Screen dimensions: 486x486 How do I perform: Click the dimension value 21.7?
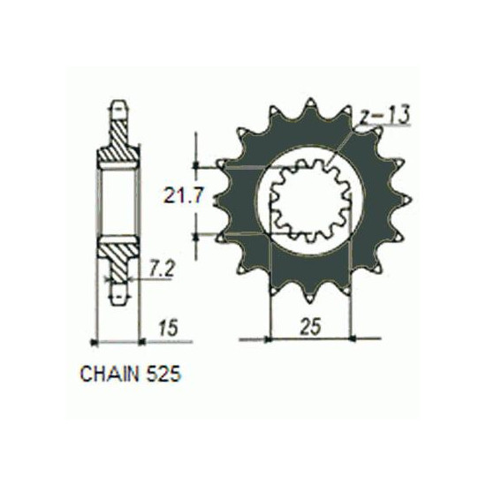tap(184, 196)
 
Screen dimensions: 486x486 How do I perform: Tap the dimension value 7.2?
tap(162, 269)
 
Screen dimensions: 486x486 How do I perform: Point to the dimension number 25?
tap(311, 326)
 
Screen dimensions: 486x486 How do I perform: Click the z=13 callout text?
tap(384, 115)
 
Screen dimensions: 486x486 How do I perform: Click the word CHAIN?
tap(110, 374)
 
